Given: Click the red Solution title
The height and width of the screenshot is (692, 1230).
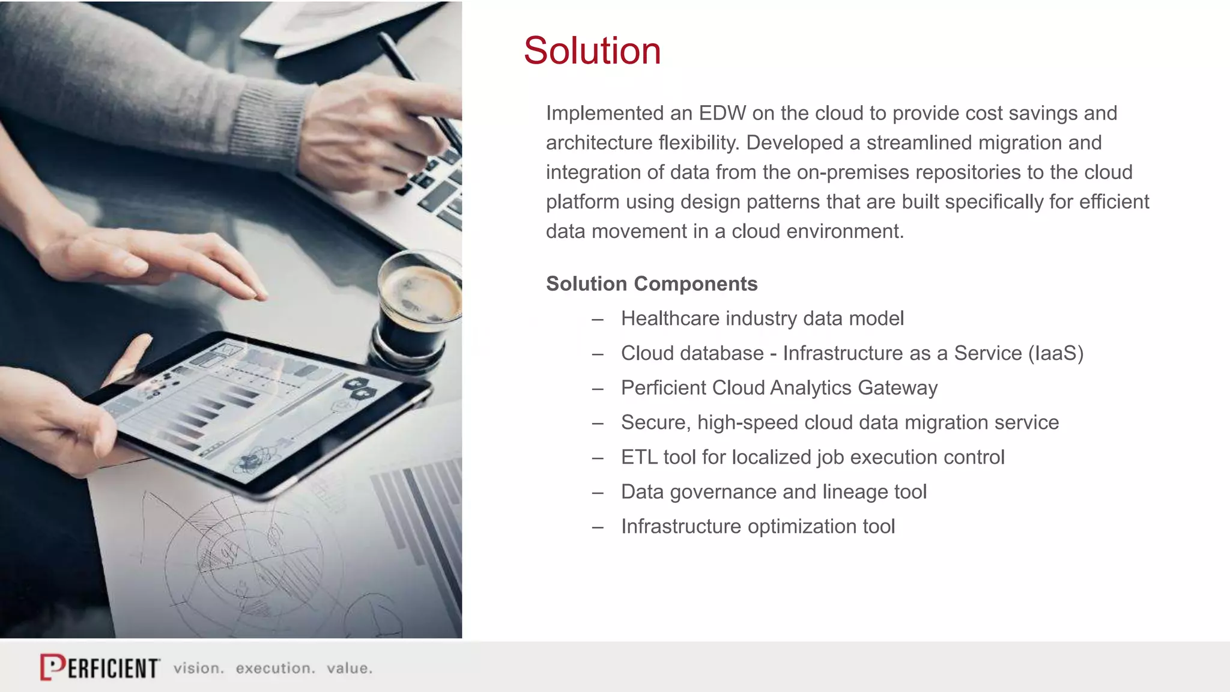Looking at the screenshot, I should point(592,50).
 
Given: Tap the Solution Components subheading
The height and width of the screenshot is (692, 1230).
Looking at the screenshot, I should point(651,284).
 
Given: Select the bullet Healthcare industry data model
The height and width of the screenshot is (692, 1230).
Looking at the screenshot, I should point(762,318).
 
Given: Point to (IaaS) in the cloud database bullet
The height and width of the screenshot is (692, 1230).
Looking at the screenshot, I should point(1055,353).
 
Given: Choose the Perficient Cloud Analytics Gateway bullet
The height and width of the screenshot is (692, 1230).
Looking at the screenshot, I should point(779,388).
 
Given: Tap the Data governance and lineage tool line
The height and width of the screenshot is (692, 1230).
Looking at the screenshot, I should point(774,492).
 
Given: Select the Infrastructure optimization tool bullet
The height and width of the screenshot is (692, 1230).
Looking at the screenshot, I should point(757,527).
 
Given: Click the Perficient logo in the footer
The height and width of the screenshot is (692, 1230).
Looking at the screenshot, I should point(100,667).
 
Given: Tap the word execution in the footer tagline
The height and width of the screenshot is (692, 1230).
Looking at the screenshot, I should point(274,668).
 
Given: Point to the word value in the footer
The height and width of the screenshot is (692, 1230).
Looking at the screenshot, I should point(349,668).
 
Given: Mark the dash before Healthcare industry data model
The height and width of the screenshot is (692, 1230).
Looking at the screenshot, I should point(597,319).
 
